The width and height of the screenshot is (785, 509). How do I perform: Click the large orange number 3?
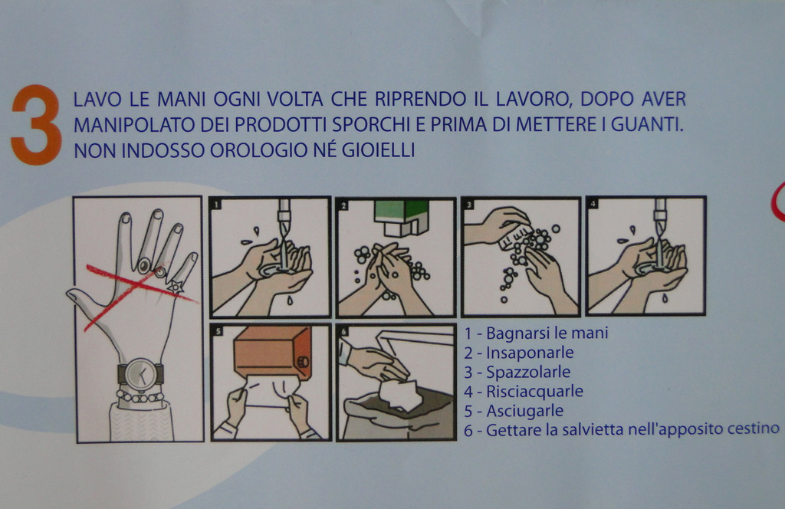[37, 125]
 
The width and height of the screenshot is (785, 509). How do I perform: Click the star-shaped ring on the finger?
[176, 287]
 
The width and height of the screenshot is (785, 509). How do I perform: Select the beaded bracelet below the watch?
[140, 397]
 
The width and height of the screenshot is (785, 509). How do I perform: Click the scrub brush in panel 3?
[516, 237]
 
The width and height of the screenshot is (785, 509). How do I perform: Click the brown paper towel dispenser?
[272, 353]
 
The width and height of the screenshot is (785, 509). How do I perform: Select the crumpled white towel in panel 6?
[399, 394]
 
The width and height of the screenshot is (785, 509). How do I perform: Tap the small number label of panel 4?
[593, 204]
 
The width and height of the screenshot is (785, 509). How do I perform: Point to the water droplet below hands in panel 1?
[290, 300]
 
